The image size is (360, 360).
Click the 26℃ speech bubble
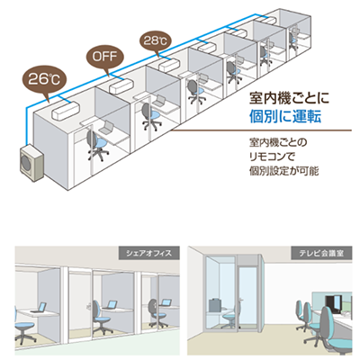coord(44,79)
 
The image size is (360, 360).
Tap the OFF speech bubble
coord(103,57)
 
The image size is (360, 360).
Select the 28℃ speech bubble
coord(155,40)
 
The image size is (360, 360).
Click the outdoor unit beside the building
coord(31,163)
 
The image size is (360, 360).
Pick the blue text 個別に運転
coord(285,117)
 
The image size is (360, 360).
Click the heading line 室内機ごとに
coord(289,98)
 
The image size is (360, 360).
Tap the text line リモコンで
coord(272,157)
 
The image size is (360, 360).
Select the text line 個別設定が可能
coord(283,171)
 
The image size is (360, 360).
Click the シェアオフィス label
coord(149,253)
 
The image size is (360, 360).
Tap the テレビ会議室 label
coord(321,253)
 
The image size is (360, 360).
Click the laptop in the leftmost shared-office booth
coord(39,308)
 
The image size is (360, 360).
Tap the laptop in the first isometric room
coord(106,128)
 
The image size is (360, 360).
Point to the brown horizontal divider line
coord(262,130)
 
